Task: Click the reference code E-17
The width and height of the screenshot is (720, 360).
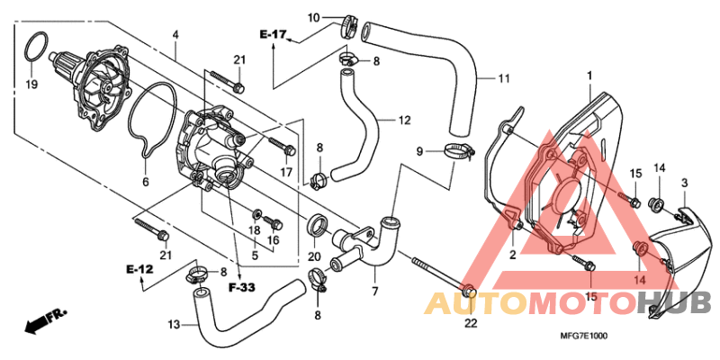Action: point(273,35)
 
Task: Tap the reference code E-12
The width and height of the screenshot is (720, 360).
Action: point(139,269)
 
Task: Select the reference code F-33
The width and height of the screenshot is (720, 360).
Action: point(241,288)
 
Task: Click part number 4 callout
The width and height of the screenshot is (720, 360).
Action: point(175,35)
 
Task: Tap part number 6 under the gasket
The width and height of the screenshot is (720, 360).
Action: point(145,181)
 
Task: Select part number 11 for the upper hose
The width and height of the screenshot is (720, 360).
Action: point(504,78)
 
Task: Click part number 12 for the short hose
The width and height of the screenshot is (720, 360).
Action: point(405,120)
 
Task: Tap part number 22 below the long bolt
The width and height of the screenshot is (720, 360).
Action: point(469,323)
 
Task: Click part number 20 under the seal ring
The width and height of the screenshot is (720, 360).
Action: point(314,256)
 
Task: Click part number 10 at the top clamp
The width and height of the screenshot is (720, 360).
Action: point(313,18)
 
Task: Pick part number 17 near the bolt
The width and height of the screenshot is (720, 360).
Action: point(286,172)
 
